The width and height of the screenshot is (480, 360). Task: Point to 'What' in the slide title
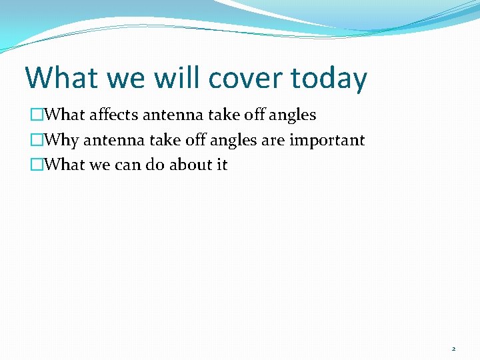point(61,78)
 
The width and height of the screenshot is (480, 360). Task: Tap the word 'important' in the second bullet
point(327,140)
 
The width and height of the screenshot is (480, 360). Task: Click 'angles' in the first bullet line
point(293,115)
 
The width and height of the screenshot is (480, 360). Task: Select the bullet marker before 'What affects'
point(36,115)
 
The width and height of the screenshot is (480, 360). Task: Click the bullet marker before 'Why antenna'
point(36,141)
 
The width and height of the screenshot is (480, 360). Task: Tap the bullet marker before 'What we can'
point(36,165)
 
